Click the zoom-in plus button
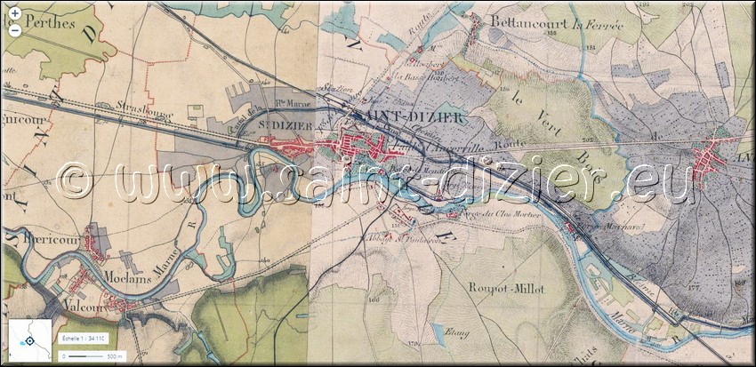(15, 13)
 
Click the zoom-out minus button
(15, 28)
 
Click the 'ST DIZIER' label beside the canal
(278, 127)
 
